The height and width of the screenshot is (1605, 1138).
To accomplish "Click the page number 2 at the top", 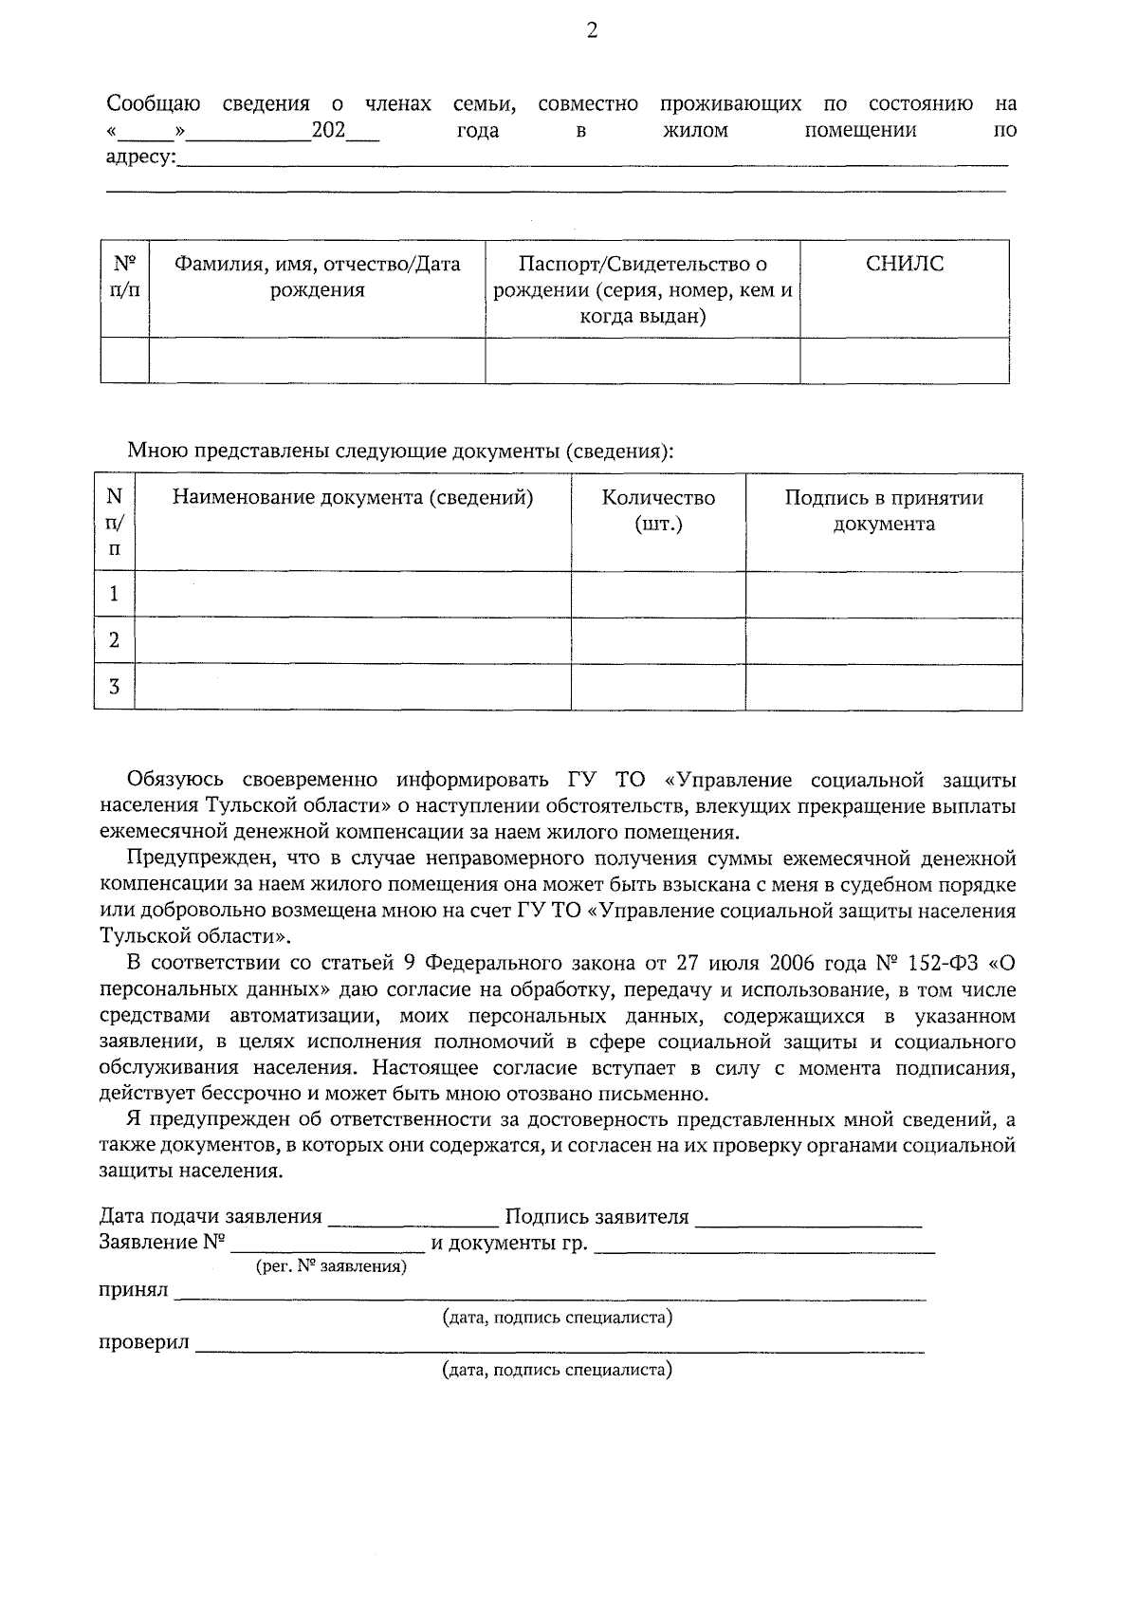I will coord(593,31).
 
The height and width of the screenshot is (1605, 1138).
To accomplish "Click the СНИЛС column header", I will coord(905,265).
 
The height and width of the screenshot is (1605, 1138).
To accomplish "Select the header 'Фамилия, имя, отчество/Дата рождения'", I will coord(317,277).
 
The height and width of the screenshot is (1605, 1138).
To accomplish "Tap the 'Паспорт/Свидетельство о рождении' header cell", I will coord(643,289).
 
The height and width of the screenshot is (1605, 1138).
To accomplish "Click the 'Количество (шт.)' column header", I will coord(658,510).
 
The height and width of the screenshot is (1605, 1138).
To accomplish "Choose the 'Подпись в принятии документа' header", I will coord(883,510).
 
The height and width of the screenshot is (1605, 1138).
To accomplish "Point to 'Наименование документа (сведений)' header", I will coord(352,498).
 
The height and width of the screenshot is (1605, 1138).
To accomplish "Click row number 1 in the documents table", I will coord(115,595).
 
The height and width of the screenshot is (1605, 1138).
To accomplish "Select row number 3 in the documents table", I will coord(115,687).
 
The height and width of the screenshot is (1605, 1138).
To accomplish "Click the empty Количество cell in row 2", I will coord(658,641).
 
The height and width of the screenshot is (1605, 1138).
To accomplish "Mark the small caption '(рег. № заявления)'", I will coord(331,1267).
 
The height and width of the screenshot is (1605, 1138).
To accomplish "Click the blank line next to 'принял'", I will coord(550,1293).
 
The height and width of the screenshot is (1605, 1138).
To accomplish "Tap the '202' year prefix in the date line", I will coord(328,130).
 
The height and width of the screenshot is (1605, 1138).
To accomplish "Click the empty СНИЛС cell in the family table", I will coord(905,360).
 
